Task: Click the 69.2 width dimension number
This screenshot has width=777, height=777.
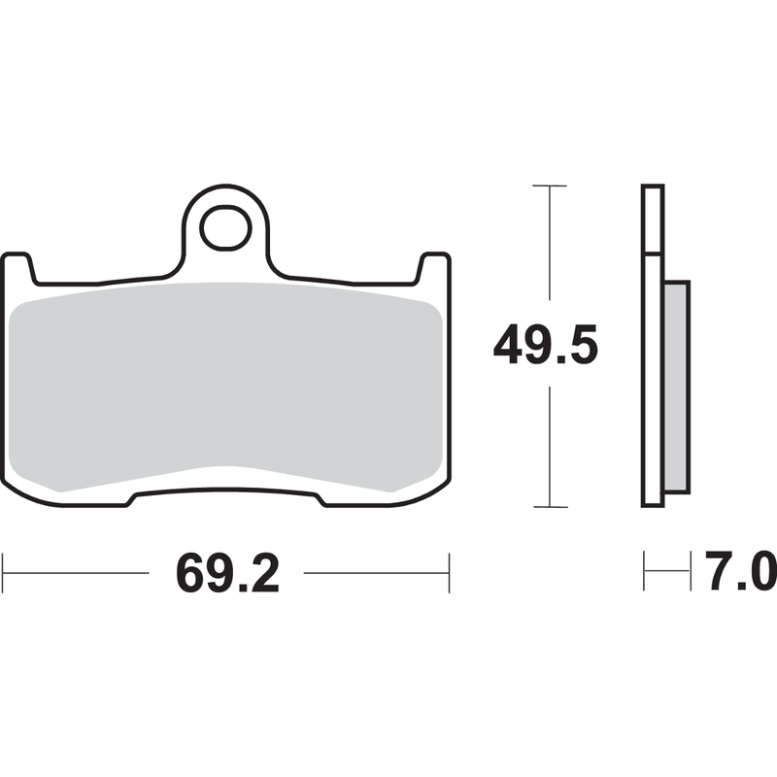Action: coord(227,574)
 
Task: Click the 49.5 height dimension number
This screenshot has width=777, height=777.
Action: coord(543,346)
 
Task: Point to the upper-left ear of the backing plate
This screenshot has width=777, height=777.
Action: coord(18,264)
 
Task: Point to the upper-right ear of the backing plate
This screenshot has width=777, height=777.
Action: coord(434,264)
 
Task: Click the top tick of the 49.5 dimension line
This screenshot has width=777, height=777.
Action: coord(551,185)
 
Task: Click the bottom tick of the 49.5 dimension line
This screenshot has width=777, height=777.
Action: coord(551,506)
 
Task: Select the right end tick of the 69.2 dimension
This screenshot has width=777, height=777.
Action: coord(449,572)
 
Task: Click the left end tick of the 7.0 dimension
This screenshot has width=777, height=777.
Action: coord(644,572)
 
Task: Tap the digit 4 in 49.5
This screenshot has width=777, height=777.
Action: coord(510,346)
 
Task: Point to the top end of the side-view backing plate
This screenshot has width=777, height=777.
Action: coord(653,186)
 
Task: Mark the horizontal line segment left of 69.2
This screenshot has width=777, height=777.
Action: coord(78,572)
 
